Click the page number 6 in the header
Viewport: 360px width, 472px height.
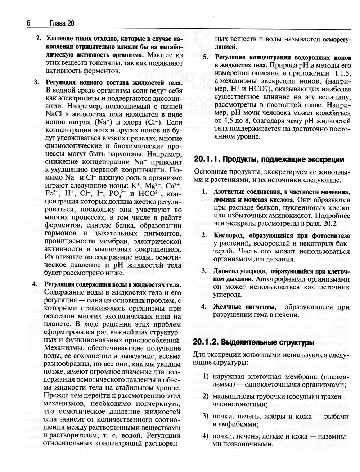point(28,23)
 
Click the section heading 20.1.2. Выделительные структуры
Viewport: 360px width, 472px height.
point(251,342)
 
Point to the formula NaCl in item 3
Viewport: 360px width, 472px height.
point(54,114)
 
